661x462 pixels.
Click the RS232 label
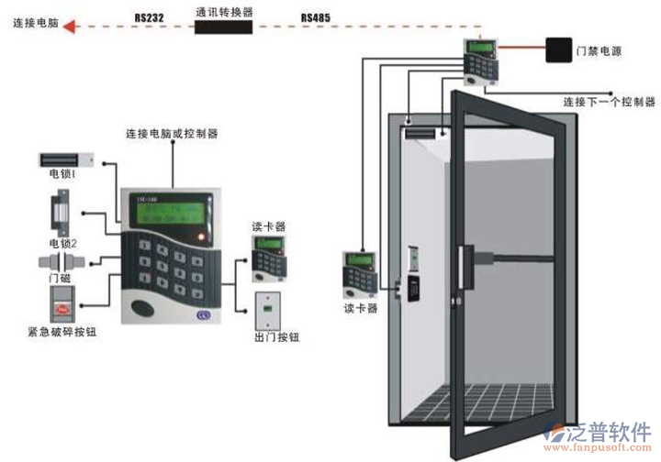[x=149, y=16]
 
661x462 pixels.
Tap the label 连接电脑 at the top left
[x=37, y=23]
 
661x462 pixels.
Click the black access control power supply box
[x=558, y=49]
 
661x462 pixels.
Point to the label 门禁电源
[x=599, y=52]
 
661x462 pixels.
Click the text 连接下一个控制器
[x=609, y=101]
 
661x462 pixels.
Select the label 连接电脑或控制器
[x=172, y=134]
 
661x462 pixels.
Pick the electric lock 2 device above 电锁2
[x=62, y=211]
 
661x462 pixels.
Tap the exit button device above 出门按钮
[x=268, y=313]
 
